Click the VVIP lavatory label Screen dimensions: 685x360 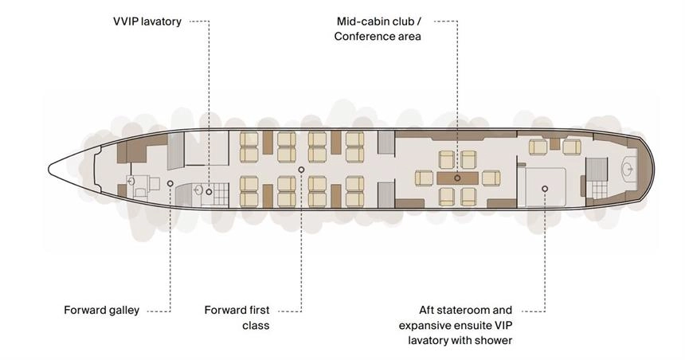tap(147, 22)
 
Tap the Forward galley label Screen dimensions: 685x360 tap(101, 310)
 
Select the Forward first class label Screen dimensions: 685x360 tap(237, 318)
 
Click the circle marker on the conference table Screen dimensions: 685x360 tap(457, 178)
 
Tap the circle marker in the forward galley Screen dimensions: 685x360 tap(170, 183)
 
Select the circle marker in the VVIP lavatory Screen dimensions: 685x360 tap(209, 192)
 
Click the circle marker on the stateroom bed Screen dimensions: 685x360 tap(545, 189)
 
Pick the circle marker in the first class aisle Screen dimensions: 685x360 tap(301, 170)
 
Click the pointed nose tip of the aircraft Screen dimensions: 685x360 tap(49, 170)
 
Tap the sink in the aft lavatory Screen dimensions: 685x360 tap(628, 168)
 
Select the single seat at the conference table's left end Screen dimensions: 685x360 tap(424, 178)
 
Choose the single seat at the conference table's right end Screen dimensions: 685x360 tap(491, 178)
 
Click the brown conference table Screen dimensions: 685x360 tap(457, 178)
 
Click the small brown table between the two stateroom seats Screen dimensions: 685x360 tap(555, 143)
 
